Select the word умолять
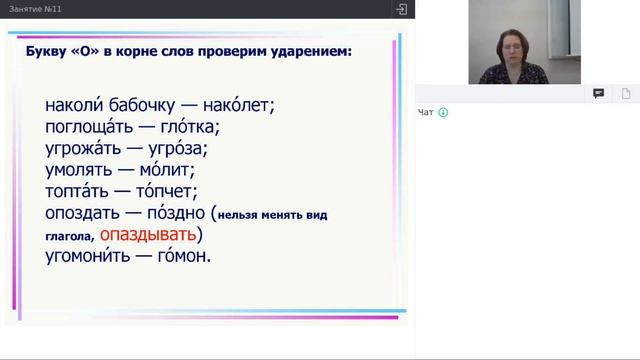[81, 170]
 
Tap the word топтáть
[79, 191]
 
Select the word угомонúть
[89, 256]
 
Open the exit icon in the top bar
[401, 9]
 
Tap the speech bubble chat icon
[598, 93]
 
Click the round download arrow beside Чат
[443, 112]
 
